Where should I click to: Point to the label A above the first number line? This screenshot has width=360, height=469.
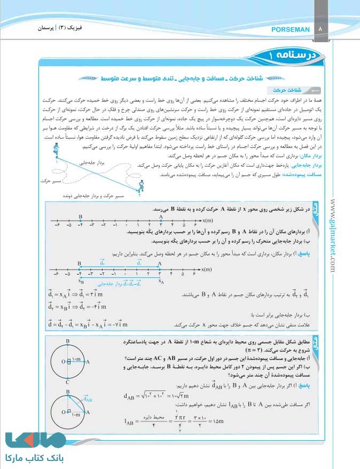(x=161, y=216)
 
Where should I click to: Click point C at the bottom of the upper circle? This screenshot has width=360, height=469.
(x=67, y=383)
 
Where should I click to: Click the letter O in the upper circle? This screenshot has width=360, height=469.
(x=63, y=362)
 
